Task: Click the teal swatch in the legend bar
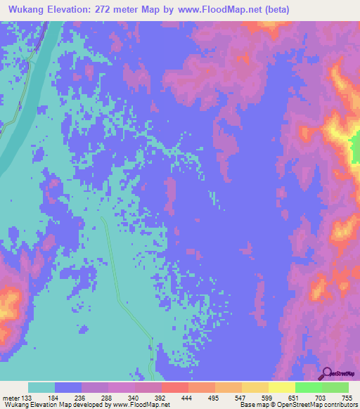[x=41, y=388]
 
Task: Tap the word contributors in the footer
[x=340, y=405]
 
